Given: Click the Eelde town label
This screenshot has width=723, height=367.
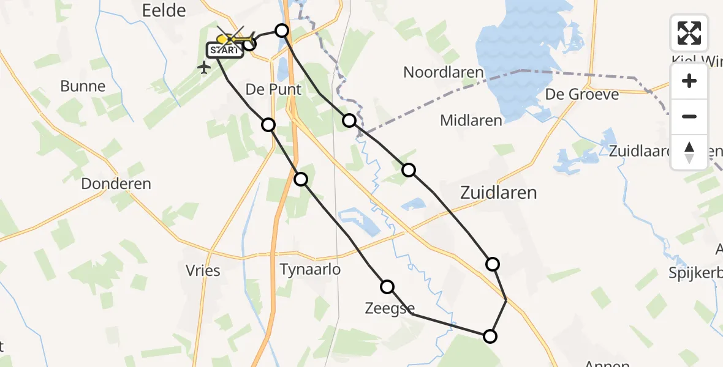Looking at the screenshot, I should (x=164, y=10).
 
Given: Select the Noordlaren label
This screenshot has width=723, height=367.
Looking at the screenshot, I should (x=443, y=72).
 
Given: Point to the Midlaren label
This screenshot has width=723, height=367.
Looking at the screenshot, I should (x=471, y=120).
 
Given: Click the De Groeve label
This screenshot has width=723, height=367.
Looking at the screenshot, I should (x=581, y=94).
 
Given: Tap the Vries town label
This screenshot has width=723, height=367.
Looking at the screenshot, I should (x=203, y=270).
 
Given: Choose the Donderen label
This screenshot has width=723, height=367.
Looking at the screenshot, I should (x=116, y=183).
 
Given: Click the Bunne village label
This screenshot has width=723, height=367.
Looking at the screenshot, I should (x=83, y=86).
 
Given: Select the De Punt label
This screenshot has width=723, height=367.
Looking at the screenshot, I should (x=273, y=89).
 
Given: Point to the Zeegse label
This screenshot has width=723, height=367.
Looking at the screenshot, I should (x=389, y=308).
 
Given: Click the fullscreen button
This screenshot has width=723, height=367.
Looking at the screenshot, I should (x=689, y=33).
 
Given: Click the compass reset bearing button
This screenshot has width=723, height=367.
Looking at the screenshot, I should (x=689, y=152).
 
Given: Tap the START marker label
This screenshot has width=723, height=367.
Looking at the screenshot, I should (x=225, y=51).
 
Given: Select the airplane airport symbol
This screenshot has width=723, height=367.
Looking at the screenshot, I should (x=205, y=67).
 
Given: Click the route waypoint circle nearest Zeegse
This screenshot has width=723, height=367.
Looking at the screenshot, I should (x=387, y=287).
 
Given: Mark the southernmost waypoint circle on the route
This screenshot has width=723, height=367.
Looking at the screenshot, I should (x=490, y=336).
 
